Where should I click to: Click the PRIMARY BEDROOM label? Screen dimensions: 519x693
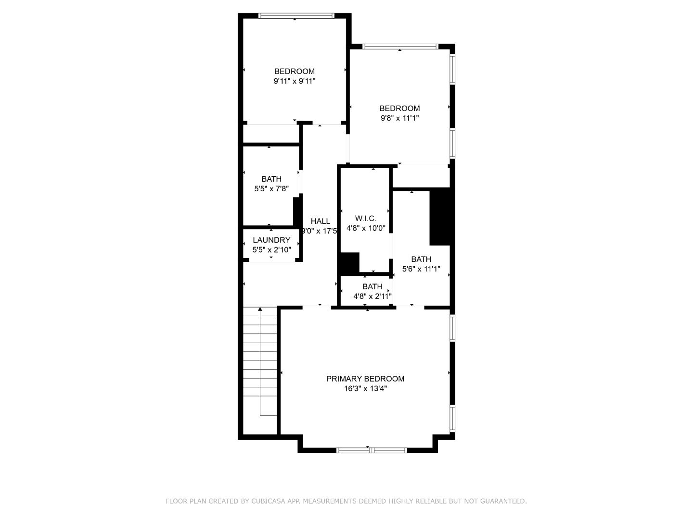click(365, 379)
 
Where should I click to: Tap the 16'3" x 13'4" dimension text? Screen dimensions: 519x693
click(365, 389)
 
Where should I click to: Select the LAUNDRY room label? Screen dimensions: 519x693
click(271, 240)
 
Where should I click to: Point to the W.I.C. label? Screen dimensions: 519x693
click(366, 219)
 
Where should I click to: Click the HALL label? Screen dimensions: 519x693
click(320, 221)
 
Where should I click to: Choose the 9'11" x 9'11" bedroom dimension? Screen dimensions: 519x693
click(295, 81)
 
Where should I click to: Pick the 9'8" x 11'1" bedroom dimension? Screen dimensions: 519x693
click(399, 118)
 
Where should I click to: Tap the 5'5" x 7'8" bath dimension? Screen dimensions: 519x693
click(271, 189)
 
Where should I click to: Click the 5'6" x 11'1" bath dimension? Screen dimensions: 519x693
click(421, 270)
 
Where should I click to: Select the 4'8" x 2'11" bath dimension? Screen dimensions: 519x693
click(372, 297)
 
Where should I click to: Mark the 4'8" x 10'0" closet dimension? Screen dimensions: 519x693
click(366, 229)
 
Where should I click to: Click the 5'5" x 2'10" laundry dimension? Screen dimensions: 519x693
click(271, 250)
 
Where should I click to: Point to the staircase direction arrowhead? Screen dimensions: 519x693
click(260, 310)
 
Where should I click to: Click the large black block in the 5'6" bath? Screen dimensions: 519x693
click(439, 216)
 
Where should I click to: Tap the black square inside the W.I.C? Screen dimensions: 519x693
click(349, 262)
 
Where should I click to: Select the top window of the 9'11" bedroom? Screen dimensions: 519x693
click(296, 16)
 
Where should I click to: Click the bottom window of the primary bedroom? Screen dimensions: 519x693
click(371, 450)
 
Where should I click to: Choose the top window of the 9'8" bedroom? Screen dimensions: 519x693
click(400, 47)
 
